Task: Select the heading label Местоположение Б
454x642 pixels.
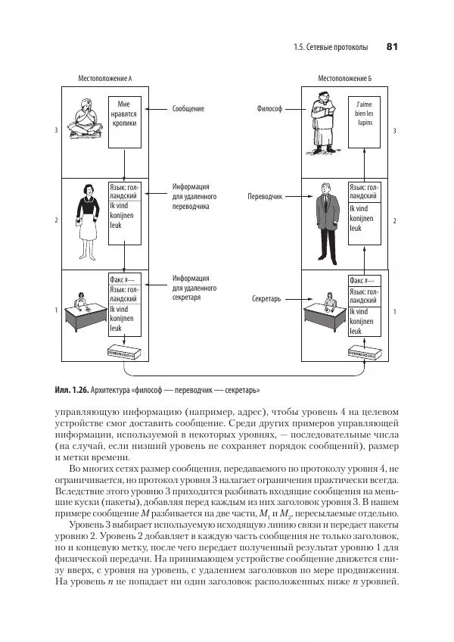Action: [x=344, y=78]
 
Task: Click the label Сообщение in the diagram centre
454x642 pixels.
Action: [x=188, y=109]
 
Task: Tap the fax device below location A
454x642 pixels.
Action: [x=122, y=353]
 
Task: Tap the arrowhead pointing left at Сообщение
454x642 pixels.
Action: [x=149, y=109]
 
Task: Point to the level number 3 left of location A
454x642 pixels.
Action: [x=56, y=130]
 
